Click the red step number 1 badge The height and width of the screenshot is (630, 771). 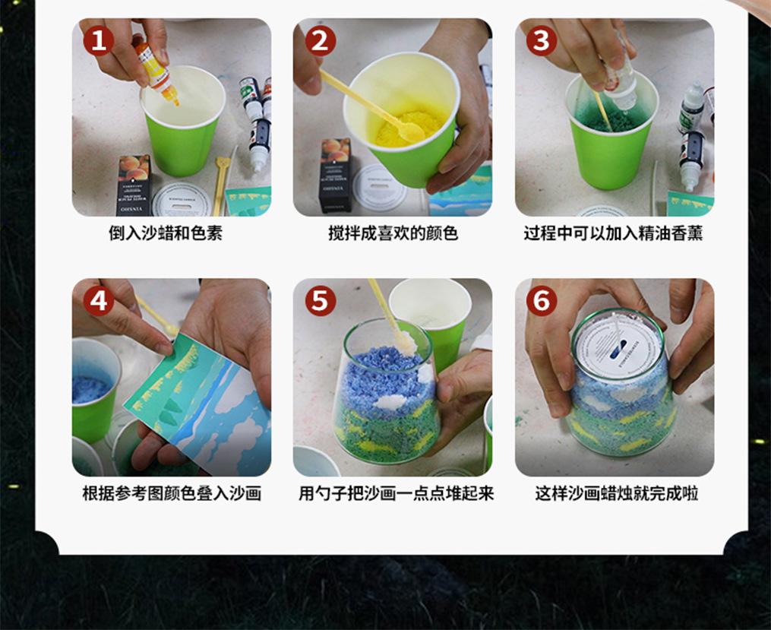point(98,40)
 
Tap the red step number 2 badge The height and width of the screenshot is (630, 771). point(320,40)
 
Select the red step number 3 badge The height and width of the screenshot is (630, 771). point(542,40)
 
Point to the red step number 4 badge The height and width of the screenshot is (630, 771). point(98,300)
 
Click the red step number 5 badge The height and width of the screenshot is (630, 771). point(320,300)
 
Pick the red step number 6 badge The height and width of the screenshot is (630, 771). point(542,300)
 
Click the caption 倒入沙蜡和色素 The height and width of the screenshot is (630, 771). point(166,233)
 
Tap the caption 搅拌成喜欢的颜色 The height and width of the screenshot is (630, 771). point(393,233)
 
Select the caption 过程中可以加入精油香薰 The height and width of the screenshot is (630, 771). point(613,233)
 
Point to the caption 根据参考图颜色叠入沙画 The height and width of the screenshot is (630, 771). point(172,492)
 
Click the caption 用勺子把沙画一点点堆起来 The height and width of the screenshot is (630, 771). point(396,492)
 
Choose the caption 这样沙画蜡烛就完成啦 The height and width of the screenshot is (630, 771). point(617,492)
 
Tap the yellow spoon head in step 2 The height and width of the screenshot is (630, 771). point(411,131)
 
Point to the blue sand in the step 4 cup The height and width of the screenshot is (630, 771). point(89,387)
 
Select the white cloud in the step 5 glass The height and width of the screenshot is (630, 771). point(391,402)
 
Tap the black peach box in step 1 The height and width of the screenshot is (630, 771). point(134,185)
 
